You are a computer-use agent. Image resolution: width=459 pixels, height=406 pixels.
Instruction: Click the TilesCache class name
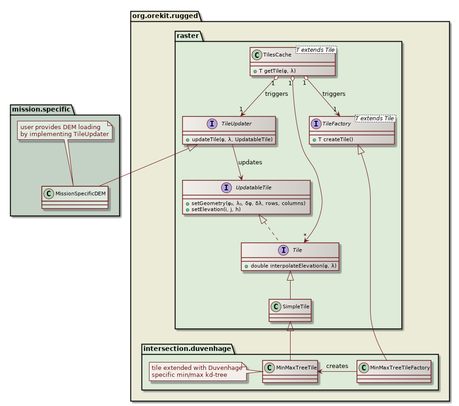tap(277, 55)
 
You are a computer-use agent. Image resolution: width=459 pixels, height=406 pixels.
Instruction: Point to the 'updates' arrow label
tap(250, 162)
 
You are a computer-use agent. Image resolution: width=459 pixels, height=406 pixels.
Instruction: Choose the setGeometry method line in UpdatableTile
tap(245, 203)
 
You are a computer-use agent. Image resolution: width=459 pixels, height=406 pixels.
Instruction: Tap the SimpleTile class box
tap(290, 310)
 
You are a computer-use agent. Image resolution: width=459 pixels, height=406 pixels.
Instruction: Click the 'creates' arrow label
tap(337, 366)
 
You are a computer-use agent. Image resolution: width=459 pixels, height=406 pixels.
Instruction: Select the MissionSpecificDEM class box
tap(74, 197)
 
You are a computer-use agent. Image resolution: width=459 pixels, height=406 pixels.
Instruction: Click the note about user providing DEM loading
tap(65, 131)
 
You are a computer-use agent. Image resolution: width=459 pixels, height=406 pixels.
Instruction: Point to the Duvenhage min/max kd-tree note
tap(197, 371)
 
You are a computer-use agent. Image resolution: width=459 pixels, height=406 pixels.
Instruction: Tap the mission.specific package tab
tap(41, 109)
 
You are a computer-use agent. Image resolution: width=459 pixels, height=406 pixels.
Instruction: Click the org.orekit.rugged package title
tap(166, 16)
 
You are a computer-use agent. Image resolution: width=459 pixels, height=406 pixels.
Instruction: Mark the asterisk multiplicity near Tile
tap(305, 235)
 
